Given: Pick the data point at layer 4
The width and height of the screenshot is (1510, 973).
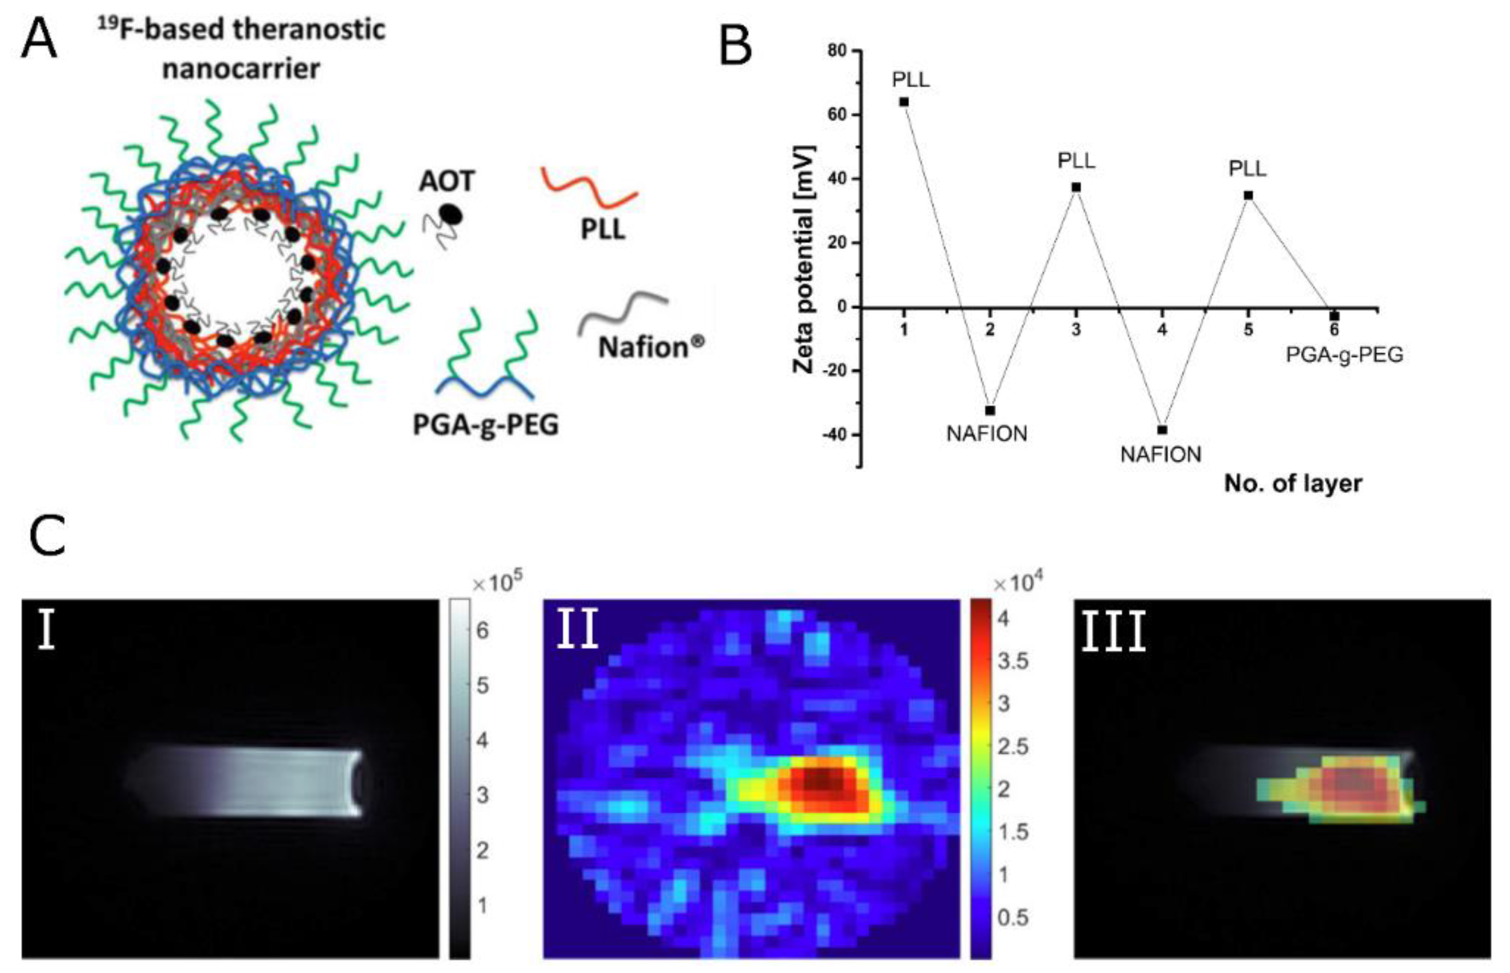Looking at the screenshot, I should [x=1162, y=430].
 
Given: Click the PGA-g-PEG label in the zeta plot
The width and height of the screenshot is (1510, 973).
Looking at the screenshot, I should [x=1344, y=355].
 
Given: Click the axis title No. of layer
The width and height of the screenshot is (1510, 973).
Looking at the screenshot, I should [x=1293, y=483].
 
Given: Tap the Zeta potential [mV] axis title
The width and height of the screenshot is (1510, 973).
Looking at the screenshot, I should [x=805, y=259].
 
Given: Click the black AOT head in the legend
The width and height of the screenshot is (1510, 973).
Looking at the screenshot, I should [x=451, y=215].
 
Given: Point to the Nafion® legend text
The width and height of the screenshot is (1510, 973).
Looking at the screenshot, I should [x=651, y=347].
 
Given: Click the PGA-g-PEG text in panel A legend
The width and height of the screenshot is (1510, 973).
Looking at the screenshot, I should [x=485, y=425].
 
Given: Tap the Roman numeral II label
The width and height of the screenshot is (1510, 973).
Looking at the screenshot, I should [x=577, y=631].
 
